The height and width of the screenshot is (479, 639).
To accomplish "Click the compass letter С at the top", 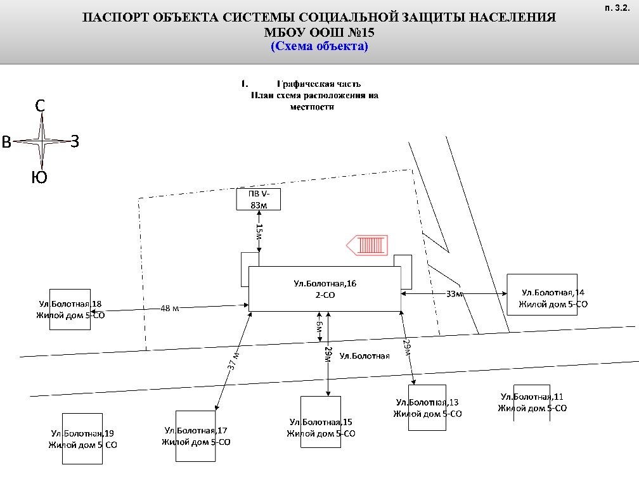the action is [x=40, y=106].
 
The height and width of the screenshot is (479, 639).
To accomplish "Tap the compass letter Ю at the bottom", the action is [x=39, y=178].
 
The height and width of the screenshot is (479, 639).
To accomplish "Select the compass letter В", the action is [x=6, y=143].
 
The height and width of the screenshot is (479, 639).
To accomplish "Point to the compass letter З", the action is [x=75, y=142].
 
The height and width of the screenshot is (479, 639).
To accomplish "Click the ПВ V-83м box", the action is [x=258, y=199].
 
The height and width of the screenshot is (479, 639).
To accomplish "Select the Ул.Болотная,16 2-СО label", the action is [x=325, y=289].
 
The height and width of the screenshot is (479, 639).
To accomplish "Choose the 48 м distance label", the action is [x=170, y=309].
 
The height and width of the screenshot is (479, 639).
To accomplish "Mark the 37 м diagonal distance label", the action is [x=233, y=360].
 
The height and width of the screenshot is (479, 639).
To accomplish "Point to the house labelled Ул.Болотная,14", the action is [x=542, y=295].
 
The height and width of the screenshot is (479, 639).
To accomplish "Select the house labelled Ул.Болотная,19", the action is [x=82, y=438].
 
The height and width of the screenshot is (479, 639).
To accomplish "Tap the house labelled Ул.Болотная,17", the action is [x=193, y=436].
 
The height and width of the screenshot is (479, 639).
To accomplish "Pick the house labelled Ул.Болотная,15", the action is [x=320, y=422].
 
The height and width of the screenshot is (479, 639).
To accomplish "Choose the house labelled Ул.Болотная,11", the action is [x=532, y=402].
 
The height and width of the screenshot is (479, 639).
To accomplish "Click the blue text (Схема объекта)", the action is [x=319, y=46].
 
